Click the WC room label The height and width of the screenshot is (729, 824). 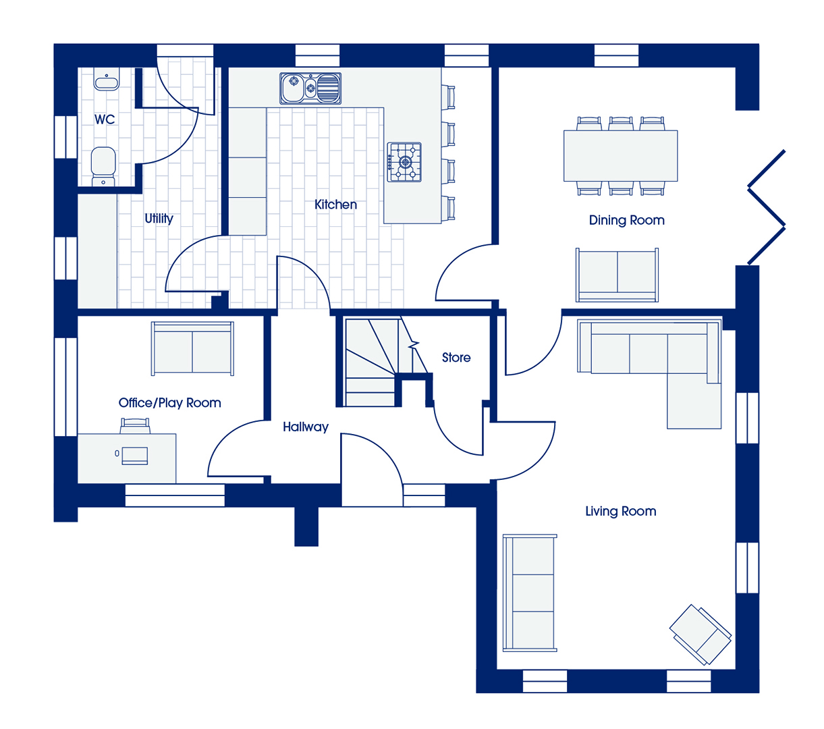tap(105, 119)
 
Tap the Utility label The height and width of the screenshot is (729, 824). tap(159, 219)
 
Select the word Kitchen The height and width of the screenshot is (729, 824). tap(335, 205)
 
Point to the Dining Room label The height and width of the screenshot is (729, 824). tap(626, 220)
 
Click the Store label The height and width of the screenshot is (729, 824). tap(456, 357)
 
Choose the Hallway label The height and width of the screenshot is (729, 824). tap(306, 427)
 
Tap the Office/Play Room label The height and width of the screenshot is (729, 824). tap(169, 403)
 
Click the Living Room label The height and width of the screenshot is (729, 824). tap(621, 511)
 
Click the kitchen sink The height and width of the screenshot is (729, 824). tap(310, 88)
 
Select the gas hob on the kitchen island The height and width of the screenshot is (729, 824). tap(404, 162)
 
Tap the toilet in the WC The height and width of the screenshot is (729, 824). tap(103, 166)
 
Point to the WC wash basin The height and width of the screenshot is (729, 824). tap(107, 79)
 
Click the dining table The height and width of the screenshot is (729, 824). tap(620, 156)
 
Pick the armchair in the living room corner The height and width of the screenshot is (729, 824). tap(701, 634)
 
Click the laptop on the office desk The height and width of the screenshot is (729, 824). tap(134, 456)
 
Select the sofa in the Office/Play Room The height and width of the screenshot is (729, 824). tap(192, 348)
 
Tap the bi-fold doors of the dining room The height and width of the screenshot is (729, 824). tap(766, 207)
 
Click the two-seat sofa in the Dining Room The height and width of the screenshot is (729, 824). tap(617, 275)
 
